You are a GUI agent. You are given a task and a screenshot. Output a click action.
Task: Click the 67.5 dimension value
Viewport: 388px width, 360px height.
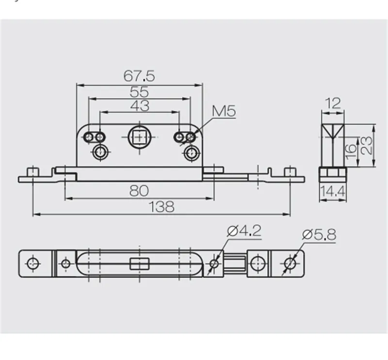pyautogui.click(x=139, y=76)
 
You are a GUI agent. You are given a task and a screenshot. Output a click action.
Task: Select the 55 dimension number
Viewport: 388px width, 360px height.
pyautogui.click(x=139, y=91)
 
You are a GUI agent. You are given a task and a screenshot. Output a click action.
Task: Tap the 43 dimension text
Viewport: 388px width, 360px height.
pyautogui.click(x=139, y=105)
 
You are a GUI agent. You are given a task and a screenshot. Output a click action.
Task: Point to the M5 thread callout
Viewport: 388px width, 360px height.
pyautogui.click(x=224, y=112)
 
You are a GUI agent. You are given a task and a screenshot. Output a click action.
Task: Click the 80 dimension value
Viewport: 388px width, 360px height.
pyautogui.click(x=139, y=191)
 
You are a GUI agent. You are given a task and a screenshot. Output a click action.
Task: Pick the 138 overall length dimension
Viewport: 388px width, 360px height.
pyautogui.click(x=162, y=207)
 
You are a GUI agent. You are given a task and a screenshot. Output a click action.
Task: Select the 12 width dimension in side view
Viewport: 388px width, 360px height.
pyautogui.click(x=333, y=103)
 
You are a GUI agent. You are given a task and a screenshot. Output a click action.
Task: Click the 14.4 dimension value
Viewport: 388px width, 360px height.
pyautogui.click(x=333, y=193)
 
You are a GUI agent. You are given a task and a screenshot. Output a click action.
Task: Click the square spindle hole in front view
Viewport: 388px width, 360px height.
pyautogui.click(x=139, y=137)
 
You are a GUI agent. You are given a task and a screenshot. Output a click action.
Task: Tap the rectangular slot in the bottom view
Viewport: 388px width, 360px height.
pyautogui.click(x=139, y=264)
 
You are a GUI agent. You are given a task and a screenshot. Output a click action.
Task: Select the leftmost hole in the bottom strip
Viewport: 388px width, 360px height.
pyautogui.click(x=33, y=263)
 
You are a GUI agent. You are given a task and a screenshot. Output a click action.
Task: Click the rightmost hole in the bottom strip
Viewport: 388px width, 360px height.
pyautogui.click(x=290, y=263)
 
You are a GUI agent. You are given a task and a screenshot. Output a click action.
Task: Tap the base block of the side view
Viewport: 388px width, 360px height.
pyautogui.click(x=333, y=174)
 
